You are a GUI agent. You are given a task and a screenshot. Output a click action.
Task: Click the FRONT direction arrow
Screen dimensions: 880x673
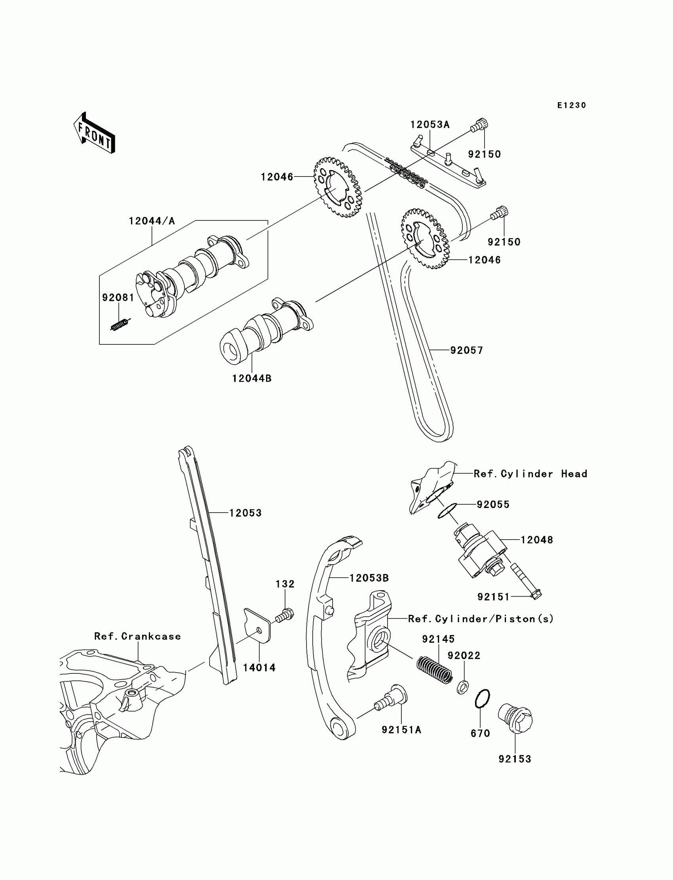tap(95, 133)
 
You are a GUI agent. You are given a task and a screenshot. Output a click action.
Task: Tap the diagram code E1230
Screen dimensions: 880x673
tap(572, 105)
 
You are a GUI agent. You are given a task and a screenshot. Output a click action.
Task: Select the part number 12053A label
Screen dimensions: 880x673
tap(430, 125)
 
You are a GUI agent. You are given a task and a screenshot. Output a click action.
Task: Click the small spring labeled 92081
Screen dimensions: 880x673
tap(120, 324)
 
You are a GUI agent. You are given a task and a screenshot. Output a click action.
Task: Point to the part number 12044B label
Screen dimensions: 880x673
tap(251, 378)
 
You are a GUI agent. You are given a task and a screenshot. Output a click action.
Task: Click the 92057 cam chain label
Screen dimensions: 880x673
tap(466, 350)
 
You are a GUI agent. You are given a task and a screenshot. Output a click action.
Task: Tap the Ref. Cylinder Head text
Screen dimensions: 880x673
tap(530, 474)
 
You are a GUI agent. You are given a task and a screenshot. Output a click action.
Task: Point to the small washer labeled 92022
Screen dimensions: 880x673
tap(463, 688)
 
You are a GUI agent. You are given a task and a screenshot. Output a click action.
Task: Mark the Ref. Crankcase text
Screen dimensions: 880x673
tap(137, 636)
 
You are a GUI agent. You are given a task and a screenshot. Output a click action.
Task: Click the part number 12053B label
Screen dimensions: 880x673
tap(369, 578)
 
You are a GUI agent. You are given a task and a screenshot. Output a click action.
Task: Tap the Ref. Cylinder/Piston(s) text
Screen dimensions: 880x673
tap(481, 619)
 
